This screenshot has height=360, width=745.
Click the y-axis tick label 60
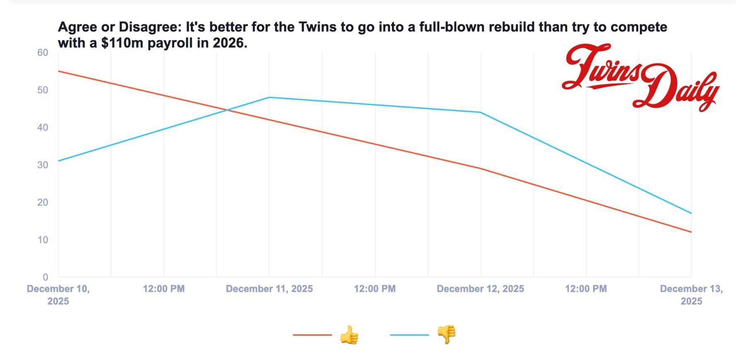click(43, 53)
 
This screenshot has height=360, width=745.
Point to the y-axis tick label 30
click(43, 165)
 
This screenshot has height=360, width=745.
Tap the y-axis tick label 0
click(45, 277)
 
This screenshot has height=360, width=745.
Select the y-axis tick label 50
click(43, 90)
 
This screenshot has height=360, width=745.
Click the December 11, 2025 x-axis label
click(269, 289)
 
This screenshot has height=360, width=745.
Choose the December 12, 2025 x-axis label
click(480, 289)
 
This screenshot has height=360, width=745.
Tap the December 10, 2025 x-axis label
click(58, 295)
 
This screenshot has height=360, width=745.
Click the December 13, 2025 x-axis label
click(691, 295)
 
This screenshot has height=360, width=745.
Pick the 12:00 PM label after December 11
click(375, 289)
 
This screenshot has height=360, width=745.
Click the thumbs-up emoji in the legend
click(349, 335)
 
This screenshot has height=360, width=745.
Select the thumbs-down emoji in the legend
click(447, 334)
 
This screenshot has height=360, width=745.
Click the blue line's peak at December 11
click(269, 97)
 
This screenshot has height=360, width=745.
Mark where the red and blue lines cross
click(227, 110)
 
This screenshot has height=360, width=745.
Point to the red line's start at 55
click(58, 71)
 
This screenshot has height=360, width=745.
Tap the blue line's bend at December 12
click(480, 112)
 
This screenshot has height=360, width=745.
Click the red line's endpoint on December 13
click(691, 232)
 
